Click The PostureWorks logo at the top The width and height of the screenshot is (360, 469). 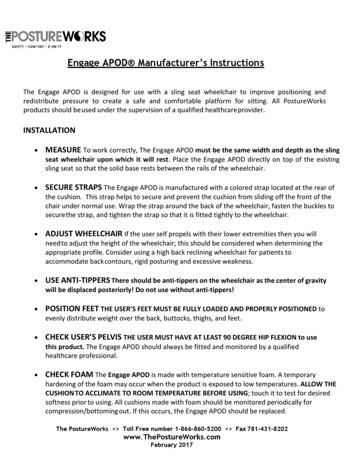click(55, 36)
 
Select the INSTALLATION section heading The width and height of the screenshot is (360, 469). click(49, 131)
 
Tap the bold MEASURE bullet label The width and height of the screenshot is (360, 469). click(63, 149)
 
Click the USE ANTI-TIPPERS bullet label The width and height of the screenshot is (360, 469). click(78, 281)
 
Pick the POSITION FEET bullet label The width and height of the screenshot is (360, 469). click(72, 309)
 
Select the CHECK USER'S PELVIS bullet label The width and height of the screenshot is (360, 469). click(83, 337)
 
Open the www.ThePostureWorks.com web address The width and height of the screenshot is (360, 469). click(172, 437)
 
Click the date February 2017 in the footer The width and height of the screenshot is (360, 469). click(172, 445)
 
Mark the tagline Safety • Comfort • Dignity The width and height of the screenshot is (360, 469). click(37, 46)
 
